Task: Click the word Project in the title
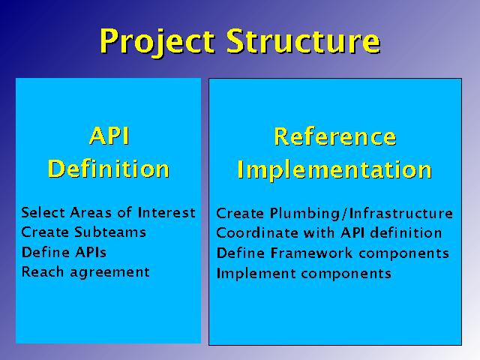coord(157,42)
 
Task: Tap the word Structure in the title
coord(304,40)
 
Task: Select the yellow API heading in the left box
coord(109,136)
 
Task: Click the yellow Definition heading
coord(109,169)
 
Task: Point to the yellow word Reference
coord(335,136)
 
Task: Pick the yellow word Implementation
coord(334,169)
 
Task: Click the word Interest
coord(166,212)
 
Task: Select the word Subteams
coord(110,232)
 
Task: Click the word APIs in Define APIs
coord(91,252)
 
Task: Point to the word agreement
coord(110,272)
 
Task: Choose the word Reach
coord(43,271)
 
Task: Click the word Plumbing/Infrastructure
coord(361,213)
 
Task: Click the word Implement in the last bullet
coord(256,273)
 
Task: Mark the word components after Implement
coord(346,274)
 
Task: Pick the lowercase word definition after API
coord(406,233)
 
